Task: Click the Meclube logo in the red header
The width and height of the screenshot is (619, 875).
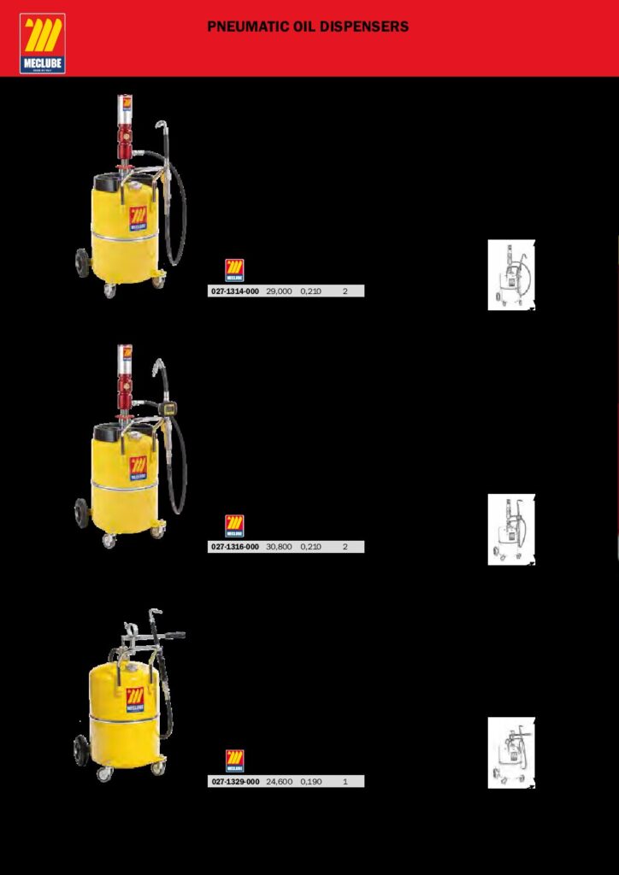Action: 43,44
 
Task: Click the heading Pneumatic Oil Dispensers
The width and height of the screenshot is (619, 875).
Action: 308,26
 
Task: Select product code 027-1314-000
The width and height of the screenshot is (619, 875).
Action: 234,291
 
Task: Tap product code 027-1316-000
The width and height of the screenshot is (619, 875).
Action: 234,547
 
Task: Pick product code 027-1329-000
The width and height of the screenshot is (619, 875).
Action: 235,782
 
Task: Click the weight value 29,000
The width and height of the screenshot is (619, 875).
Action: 279,291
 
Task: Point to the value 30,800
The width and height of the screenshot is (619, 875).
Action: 279,547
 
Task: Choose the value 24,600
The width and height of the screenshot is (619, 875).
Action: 279,782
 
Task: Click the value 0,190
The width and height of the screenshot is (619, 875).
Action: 311,782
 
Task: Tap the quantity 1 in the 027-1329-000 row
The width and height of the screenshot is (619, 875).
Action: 345,782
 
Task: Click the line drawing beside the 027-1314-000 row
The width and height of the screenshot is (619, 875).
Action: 511,275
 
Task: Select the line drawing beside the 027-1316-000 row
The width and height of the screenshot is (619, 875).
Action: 511,530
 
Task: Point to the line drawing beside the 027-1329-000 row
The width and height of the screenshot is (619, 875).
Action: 511,753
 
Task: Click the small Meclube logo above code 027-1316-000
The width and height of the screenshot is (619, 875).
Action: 234,526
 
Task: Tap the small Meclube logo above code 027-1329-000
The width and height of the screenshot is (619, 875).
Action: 234,761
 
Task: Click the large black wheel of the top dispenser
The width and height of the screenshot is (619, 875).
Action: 83,263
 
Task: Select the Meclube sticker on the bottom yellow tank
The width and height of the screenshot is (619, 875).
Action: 135,700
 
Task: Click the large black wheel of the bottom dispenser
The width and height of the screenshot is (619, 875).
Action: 81,750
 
